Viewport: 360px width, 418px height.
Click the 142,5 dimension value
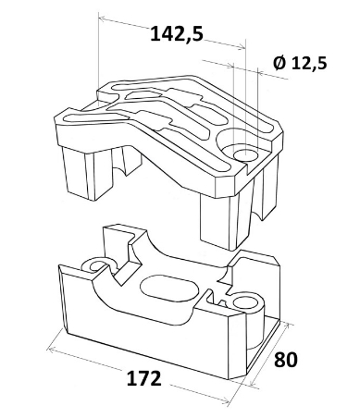[177, 33]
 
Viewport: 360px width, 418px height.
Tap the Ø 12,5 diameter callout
[300, 63]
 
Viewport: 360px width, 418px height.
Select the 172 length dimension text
[144, 378]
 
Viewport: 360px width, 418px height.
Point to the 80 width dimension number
[286, 360]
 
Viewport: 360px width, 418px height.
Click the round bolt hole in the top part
[245, 154]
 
